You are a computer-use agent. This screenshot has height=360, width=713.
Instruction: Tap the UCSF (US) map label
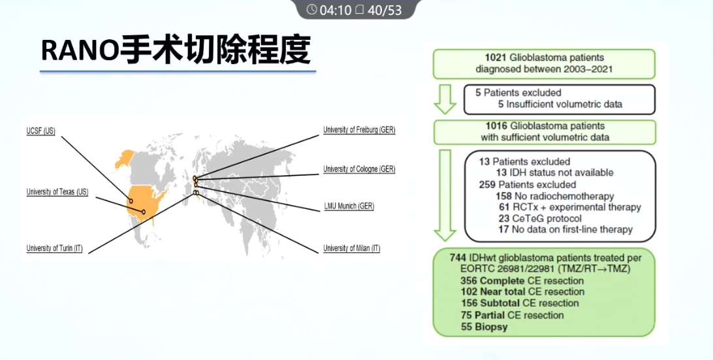[40, 131]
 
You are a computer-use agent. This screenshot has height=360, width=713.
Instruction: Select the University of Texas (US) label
[57, 192]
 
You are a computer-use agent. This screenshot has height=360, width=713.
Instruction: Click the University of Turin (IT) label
[55, 248]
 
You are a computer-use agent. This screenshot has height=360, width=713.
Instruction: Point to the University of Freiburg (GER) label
[359, 130]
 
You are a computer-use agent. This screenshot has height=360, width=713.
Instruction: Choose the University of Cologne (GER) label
[359, 169]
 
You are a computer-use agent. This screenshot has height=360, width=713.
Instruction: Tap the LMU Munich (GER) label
[349, 206]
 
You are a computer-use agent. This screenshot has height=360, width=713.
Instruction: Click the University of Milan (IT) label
[351, 248]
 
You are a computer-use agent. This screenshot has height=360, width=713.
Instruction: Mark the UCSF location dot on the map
[131, 201]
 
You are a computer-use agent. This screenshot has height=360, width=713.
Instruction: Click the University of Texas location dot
[143, 212]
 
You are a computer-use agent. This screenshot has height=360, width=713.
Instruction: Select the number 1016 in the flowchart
[496, 126]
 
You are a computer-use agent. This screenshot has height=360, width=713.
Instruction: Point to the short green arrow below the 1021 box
[445, 99]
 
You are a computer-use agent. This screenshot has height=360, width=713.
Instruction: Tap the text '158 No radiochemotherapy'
[555, 196]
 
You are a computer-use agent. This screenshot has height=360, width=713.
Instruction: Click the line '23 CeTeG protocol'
[540, 218]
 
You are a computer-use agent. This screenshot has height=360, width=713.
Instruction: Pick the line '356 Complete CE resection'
[522, 281]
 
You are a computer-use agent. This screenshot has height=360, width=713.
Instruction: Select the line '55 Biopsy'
[484, 327]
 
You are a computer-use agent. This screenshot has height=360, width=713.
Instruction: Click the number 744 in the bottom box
[458, 258]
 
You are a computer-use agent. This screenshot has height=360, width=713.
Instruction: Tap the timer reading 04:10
[335, 10]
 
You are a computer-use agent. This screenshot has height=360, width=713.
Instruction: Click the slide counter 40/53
[385, 10]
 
